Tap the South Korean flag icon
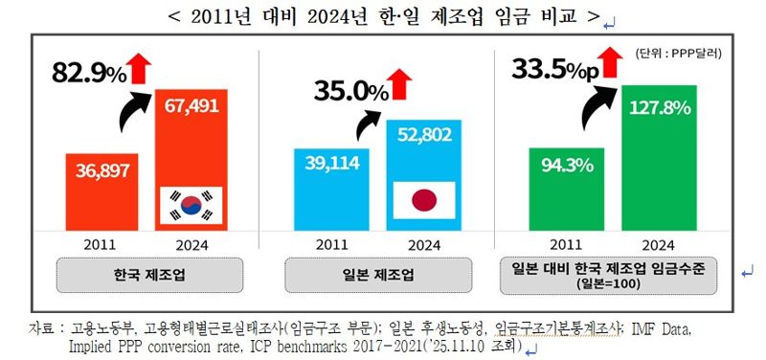190,205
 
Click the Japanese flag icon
424,200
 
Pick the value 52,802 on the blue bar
424,135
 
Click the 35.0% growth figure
350,92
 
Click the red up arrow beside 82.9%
140,68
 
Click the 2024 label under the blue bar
424,243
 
